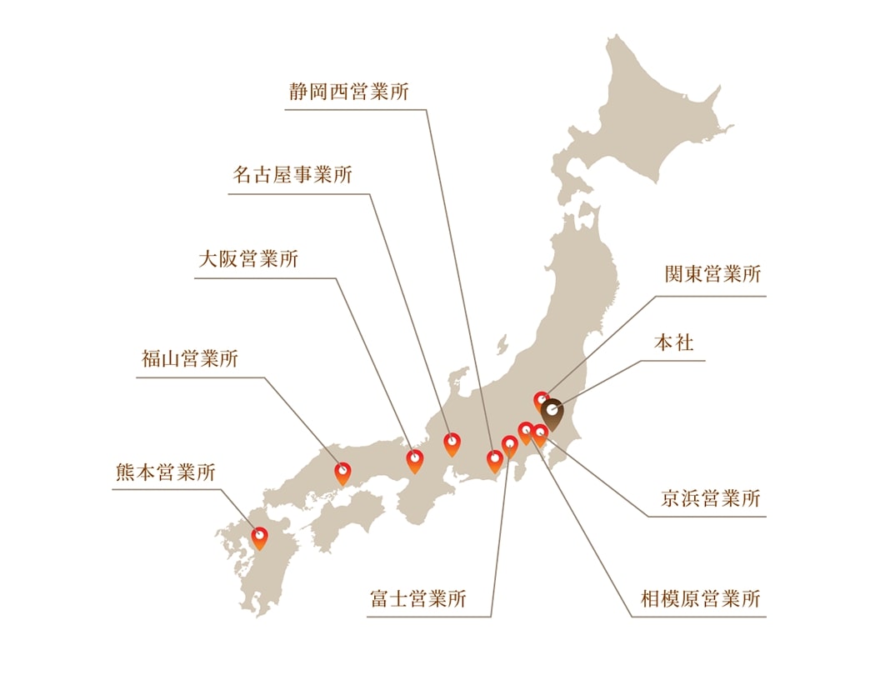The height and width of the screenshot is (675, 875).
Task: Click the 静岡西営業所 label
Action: (349, 92)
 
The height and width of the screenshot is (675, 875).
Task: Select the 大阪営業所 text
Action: (247, 259)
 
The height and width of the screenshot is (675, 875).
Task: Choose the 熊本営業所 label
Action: (165, 472)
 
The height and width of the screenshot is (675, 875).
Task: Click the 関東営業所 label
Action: (712, 275)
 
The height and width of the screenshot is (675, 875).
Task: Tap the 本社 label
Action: (673, 342)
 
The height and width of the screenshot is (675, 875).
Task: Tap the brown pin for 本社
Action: (552, 412)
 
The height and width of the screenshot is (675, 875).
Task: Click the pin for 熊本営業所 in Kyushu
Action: (260, 537)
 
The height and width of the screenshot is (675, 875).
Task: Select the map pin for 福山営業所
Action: (342, 472)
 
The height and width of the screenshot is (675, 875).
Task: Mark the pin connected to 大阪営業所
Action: (414, 460)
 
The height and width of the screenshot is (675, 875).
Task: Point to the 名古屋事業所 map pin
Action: (452, 443)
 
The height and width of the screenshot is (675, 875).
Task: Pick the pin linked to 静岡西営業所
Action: (495, 460)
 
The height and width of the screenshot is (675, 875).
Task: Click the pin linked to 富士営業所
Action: (510, 446)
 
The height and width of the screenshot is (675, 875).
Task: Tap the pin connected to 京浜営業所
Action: (540, 434)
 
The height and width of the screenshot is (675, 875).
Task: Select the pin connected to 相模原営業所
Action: (526, 432)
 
